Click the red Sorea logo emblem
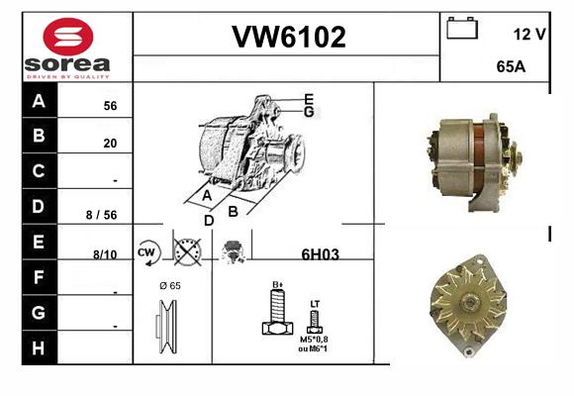pos(68,37)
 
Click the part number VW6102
pos(289,37)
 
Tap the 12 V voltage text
pos(529,34)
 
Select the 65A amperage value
pos(511,66)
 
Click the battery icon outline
pos(462,29)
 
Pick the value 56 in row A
pos(110,106)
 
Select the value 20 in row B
pos(110,143)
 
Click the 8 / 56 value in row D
pos(101,215)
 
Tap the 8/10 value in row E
pos(105,254)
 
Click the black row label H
pos(39,348)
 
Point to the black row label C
pos(39,170)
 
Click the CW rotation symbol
pos(148,252)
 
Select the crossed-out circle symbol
pos(187,252)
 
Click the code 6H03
pos(320,254)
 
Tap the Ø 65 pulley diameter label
pos(170,286)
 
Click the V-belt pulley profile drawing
pos(166,327)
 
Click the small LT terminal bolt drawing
pos(315,322)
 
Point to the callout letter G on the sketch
pos(309,112)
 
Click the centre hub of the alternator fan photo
pos(469,303)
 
